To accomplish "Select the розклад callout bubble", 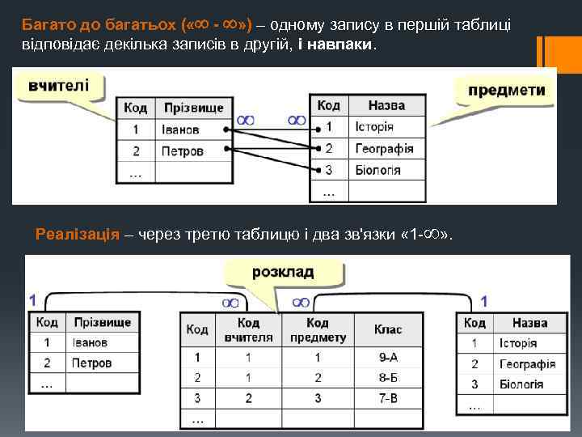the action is click(283, 273).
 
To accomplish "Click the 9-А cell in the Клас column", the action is click(388, 357).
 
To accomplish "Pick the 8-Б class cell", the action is click(388, 377).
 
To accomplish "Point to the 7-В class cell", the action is click(388, 398).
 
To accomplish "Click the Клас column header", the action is click(388, 330).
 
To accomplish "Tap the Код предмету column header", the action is click(318, 330).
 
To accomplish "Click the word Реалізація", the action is click(78, 235).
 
